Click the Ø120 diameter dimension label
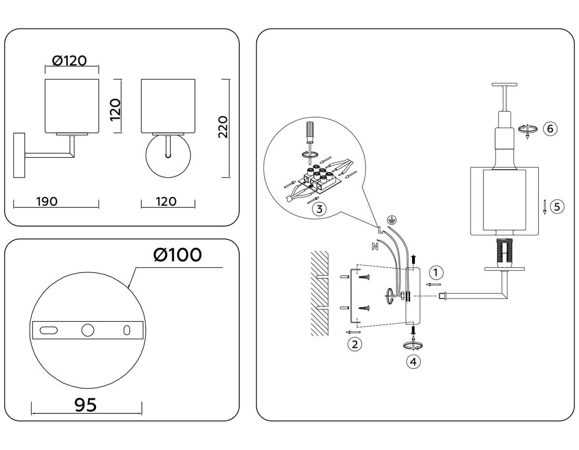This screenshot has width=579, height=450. [69, 60]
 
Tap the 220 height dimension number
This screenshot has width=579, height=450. [222, 127]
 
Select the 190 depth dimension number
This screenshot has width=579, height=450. [47, 201]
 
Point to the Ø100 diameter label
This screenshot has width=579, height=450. [177, 255]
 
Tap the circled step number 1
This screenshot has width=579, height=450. [436, 273]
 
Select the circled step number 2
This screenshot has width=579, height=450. [355, 344]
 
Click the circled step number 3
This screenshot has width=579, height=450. [319, 209]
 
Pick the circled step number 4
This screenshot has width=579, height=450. [413, 361]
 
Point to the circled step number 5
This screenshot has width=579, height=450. [557, 207]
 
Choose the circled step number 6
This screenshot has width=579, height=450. [550, 128]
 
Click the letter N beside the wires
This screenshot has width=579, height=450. [374, 247]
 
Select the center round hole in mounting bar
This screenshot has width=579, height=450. [88, 330]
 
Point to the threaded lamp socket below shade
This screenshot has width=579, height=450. [504, 252]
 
